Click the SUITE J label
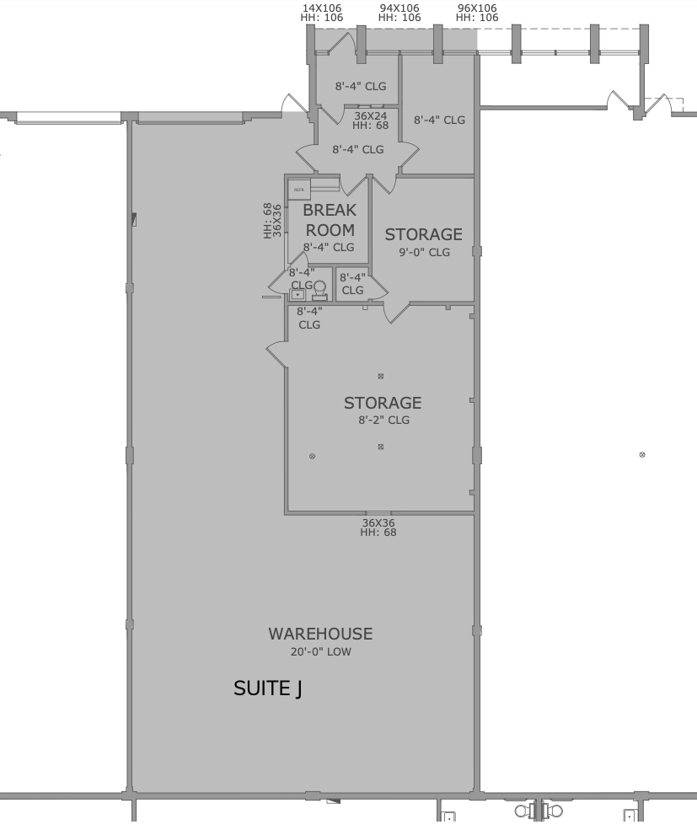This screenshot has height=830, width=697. pyautogui.click(x=267, y=690)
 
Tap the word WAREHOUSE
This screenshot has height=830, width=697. pyautogui.click(x=320, y=634)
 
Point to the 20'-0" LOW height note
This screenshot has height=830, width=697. pyautogui.click(x=320, y=652)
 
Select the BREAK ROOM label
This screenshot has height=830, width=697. pyautogui.click(x=329, y=220)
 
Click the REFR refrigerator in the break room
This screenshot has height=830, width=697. pyautogui.click(x=299, y=190)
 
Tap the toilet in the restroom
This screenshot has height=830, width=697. pyautogui.click(x=319, y=288)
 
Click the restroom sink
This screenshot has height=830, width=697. pyautogui.click(x=298, y=294)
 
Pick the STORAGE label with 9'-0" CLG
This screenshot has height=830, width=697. pyautogui.click(x=423, y=234)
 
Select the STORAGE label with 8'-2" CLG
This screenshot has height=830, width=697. pyautogui.click(x=382, y=402)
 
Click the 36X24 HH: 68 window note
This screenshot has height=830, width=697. pyautogui.click(x=370, y=120)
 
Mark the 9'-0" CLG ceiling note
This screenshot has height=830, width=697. pyautogui.click(x=424, y=252)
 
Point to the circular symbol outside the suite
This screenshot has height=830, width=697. pyautogui.click(x=643, y=454)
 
